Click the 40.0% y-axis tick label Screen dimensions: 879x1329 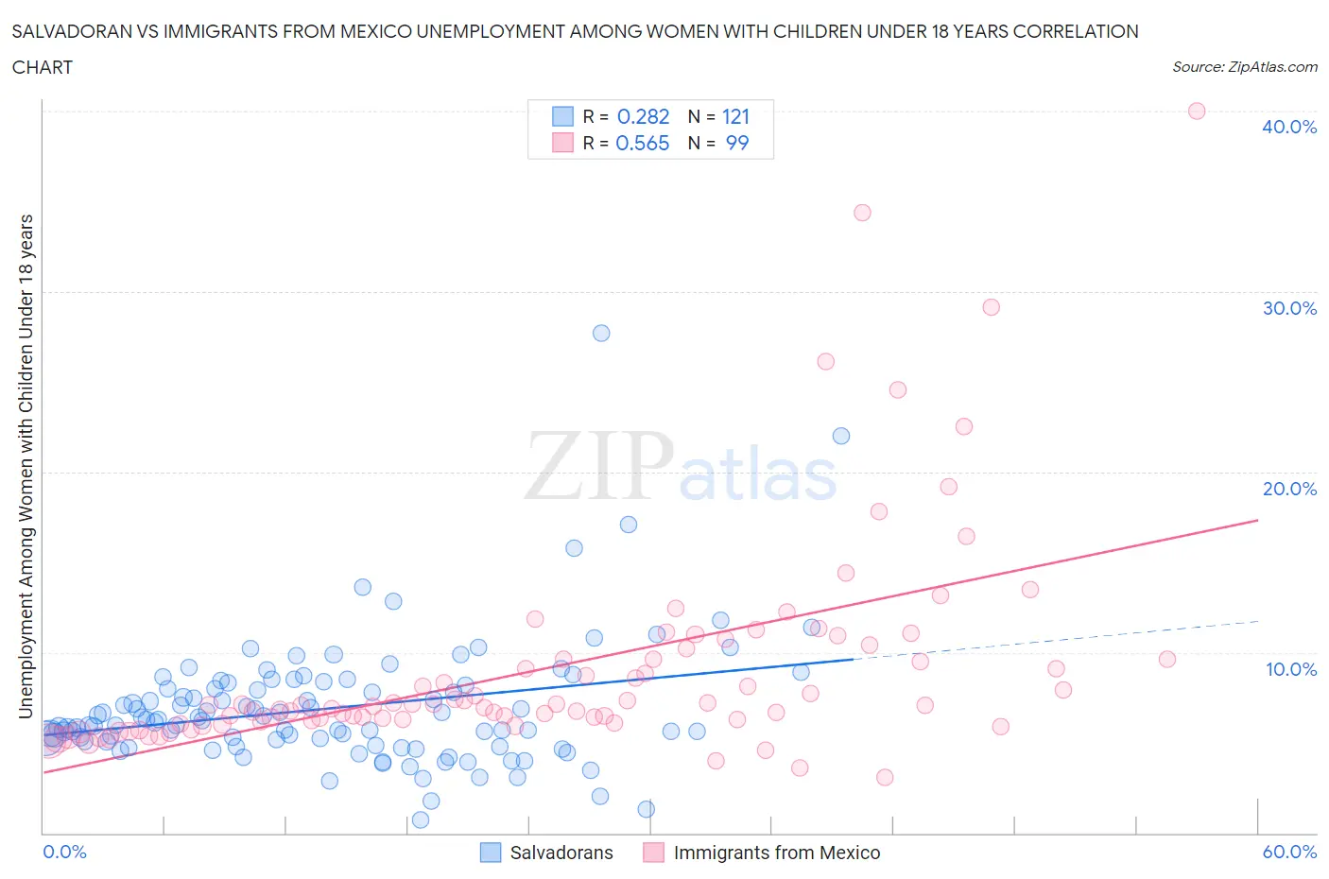coord(1289,127)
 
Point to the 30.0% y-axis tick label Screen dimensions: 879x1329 coord(1289,308)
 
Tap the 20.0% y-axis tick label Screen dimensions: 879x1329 coord(1289,489)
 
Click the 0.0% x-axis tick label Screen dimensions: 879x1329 coord(64,852)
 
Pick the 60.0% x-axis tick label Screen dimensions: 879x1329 coord(1289,852)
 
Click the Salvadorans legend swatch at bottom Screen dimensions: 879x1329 coord(491,853)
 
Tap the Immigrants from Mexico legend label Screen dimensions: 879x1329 coord(776,853)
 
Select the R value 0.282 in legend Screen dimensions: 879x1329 coord(643,116)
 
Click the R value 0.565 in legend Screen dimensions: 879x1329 coord(643,143)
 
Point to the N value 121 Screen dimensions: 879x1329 coord(735,116)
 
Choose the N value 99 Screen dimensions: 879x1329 coord(736,143)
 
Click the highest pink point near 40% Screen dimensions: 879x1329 coord(1196,111)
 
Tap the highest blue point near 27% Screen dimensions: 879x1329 coord(601,333)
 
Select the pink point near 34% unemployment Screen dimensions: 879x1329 coord(862,213)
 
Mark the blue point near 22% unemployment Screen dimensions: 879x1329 coord(841,436)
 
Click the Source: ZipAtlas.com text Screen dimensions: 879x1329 coord(1244,67)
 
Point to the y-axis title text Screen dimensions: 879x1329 coord(26,466)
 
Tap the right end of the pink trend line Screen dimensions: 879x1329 coord(1257,520)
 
